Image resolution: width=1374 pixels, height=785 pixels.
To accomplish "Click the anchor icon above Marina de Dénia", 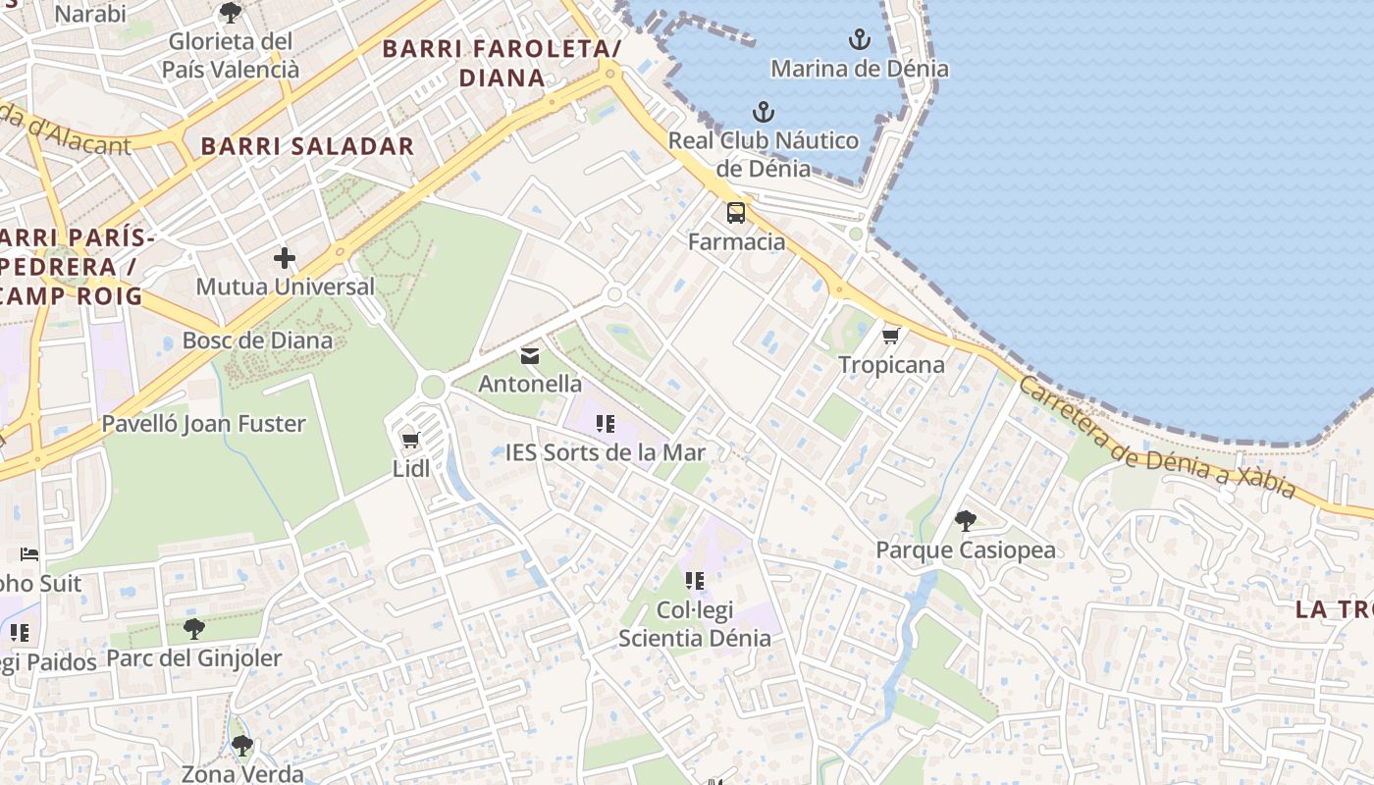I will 860,40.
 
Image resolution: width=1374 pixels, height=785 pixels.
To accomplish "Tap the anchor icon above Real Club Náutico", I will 763,112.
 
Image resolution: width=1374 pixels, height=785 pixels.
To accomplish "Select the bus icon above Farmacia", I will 736,213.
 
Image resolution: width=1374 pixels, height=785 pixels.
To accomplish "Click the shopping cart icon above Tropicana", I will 891,337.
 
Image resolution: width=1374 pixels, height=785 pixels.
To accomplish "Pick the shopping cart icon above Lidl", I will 411,441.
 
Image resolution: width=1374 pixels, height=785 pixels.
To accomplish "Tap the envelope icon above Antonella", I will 530,355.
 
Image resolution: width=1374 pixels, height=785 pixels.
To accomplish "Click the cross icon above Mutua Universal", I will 285,258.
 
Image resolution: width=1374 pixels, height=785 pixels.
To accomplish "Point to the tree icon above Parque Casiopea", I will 966,521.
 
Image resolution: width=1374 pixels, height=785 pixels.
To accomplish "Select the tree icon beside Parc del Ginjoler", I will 194,629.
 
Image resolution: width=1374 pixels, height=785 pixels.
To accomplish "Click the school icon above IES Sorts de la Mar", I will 606,424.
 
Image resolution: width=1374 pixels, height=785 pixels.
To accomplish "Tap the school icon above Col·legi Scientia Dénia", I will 695,581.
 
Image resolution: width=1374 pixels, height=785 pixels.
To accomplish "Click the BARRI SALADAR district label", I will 307,147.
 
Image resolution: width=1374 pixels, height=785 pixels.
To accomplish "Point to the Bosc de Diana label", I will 257,341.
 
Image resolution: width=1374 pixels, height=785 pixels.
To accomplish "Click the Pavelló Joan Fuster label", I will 204,424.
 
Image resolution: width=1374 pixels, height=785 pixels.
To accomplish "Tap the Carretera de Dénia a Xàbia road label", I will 1158,438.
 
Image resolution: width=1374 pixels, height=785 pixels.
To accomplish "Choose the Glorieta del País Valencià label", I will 231,56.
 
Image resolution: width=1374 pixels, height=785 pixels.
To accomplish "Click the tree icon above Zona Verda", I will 242,747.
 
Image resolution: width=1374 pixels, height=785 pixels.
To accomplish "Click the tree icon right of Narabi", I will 231,13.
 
